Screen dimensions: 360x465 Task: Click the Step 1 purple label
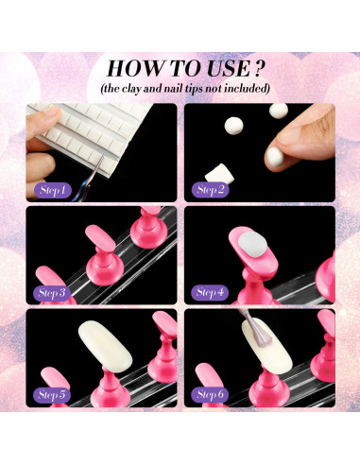coord(53,190)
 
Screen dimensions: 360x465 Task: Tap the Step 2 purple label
coord(210,190)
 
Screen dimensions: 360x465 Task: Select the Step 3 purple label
coord(51,293)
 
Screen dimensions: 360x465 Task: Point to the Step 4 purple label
coord(210,292)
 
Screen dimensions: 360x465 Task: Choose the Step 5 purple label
coord(51,395)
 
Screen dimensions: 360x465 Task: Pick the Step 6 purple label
coord(210,394)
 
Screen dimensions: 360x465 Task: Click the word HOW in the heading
coord(136,68)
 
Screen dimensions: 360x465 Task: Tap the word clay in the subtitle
coord(131,89)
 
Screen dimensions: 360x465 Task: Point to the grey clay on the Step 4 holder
coord(253,245)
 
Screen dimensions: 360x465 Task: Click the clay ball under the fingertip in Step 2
coord(274,156)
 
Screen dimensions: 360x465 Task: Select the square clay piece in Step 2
coord(220,174)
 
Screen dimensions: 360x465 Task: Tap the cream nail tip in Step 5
coord(105,346)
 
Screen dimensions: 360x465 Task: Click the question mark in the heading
coord(258,69)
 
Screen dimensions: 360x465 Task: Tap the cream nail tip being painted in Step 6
coord(267,346)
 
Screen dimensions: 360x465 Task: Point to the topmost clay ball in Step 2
coord(279,111)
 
